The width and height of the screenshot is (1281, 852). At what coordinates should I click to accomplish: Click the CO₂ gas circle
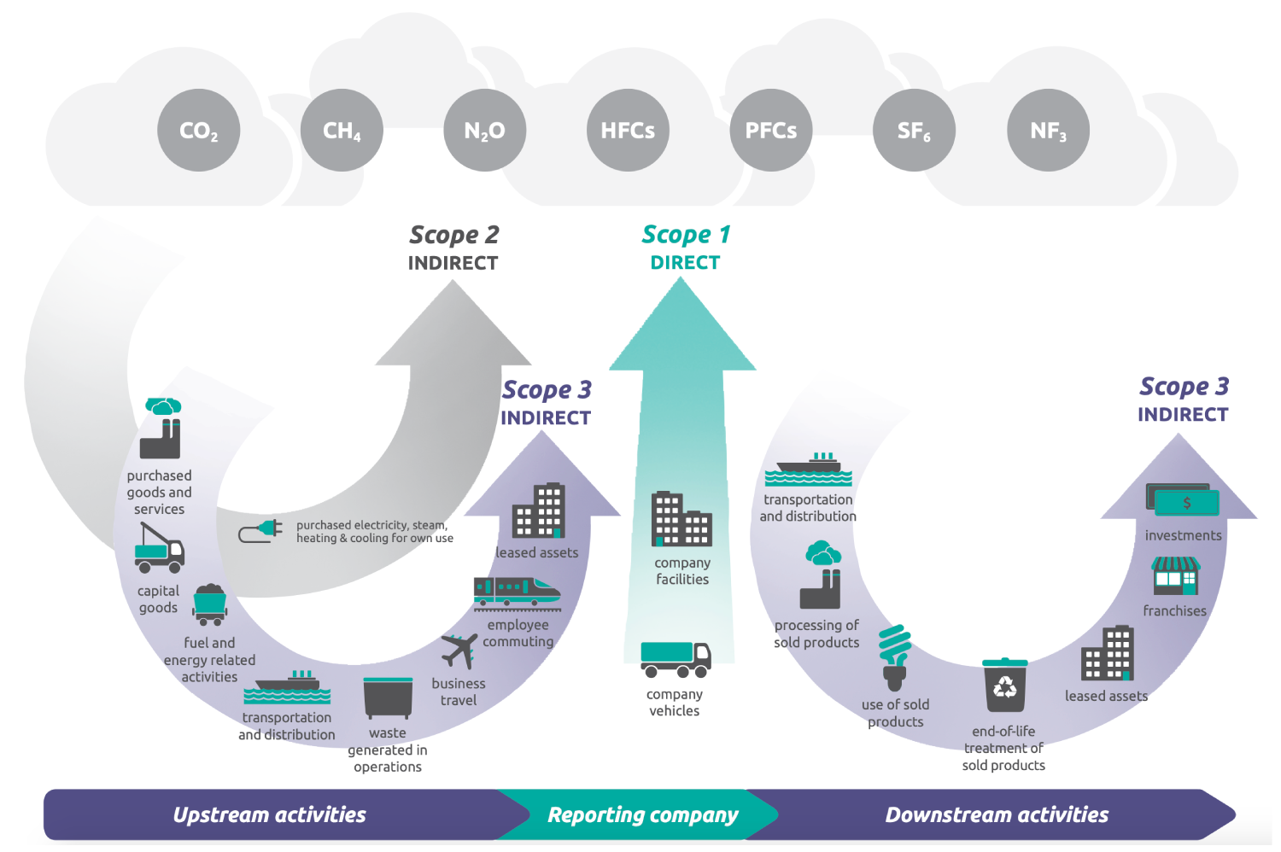198,131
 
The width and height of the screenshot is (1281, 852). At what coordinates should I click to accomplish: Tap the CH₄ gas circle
342,131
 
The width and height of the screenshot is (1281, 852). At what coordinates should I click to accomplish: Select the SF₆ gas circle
914,131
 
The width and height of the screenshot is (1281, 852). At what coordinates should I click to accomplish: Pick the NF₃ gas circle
1048,131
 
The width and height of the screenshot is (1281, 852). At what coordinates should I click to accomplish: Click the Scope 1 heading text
686,235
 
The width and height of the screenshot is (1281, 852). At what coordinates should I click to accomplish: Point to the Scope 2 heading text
453,235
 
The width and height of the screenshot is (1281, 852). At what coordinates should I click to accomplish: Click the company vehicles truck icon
675,659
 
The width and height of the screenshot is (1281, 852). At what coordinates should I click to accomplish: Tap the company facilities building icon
681,519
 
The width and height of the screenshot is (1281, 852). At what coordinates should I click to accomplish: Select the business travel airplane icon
459,651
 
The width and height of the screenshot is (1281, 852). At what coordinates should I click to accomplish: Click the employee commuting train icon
517,592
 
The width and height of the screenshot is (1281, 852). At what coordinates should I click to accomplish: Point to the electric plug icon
260,531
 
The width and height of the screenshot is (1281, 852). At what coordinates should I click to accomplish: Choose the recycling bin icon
1004,685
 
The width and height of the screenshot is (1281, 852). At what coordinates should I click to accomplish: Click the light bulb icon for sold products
894,657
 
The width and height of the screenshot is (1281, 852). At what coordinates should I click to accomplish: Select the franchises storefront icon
1175,575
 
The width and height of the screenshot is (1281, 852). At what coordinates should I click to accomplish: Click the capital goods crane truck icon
159,548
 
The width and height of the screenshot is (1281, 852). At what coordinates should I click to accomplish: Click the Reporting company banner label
642,815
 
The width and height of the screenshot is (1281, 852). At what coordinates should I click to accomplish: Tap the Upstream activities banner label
269,815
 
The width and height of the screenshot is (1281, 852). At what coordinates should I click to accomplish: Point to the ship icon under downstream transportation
808,469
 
